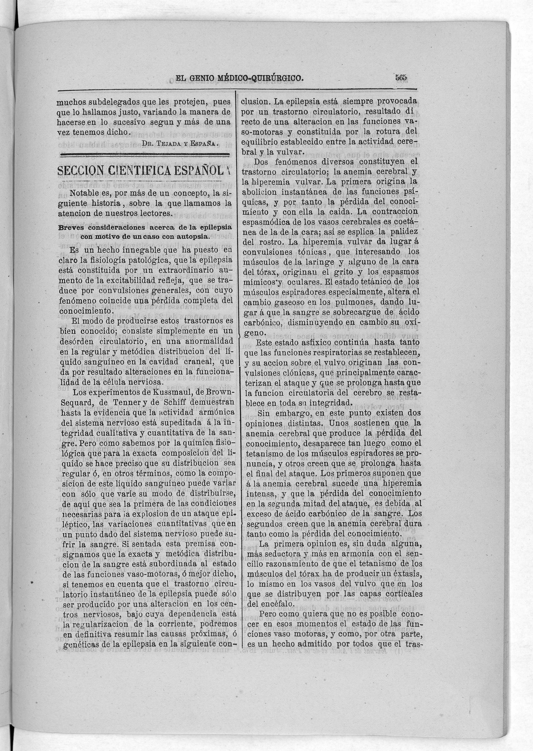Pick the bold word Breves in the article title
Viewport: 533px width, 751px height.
[70, 227]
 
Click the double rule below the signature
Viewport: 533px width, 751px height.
[144, 155]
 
